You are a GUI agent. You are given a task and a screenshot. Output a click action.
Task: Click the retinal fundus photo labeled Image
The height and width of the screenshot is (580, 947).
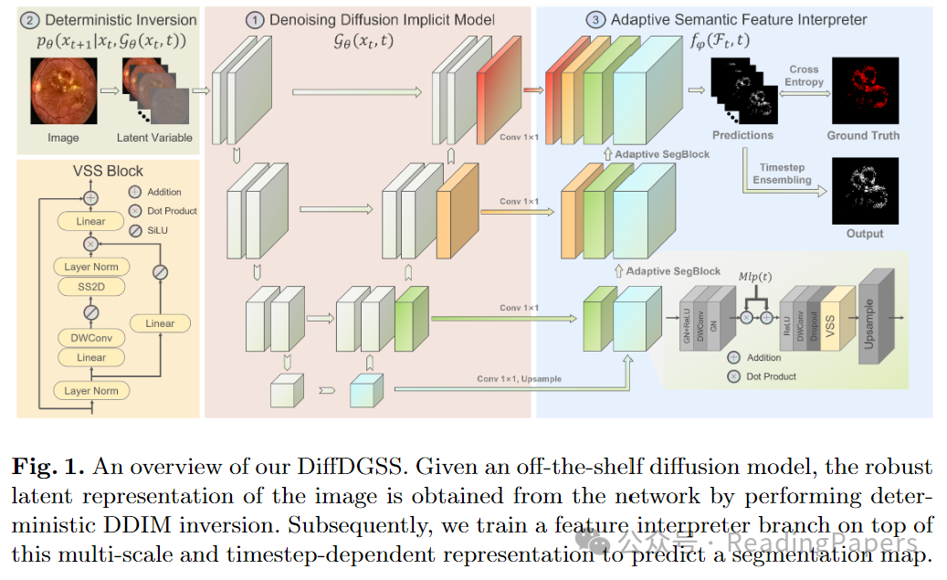(x=63, y=90)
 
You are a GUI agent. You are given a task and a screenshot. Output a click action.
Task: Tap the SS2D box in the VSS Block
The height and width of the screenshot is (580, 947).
(x=90, y=286)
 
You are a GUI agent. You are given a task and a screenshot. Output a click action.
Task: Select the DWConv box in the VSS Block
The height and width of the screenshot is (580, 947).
(x=90, y=338)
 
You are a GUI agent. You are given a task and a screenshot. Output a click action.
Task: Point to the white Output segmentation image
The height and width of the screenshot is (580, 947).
(x=864, y=191)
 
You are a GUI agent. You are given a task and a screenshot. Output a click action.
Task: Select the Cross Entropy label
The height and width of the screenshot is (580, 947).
(x=803, y=76)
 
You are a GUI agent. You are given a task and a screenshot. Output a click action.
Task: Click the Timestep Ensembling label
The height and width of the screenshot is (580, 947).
(x=782, y=174)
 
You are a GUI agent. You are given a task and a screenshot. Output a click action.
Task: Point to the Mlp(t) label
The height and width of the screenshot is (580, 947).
(x=755, y=274)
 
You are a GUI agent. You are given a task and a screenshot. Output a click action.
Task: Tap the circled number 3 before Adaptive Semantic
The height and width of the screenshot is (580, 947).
(x=595, y=18)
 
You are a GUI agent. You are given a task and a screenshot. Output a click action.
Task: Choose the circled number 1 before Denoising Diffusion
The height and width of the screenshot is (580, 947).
(x=253, y=18)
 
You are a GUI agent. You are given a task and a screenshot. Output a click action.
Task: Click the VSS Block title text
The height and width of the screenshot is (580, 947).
(x=108, y=170)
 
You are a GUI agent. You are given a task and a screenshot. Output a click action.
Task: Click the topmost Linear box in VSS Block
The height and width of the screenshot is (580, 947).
(x=90, y=221)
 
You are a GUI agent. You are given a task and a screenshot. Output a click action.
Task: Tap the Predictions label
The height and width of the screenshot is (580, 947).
(x=742, y=135)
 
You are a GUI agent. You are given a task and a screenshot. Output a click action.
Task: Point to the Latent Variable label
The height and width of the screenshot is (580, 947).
(x=154, y=138)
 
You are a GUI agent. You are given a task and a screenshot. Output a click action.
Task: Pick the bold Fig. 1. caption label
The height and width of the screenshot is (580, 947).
(x=47, y=468)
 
